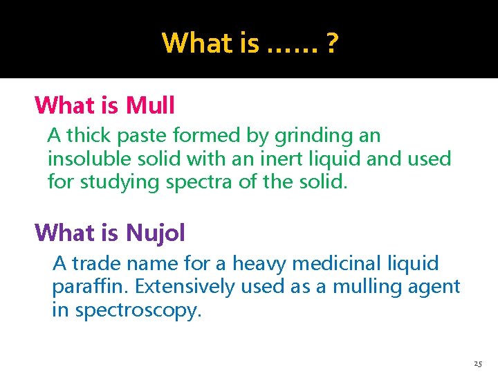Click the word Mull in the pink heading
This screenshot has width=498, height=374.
click(151, 105)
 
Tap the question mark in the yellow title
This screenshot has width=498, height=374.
click(332, 43)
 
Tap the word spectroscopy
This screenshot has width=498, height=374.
click(138, 311)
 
